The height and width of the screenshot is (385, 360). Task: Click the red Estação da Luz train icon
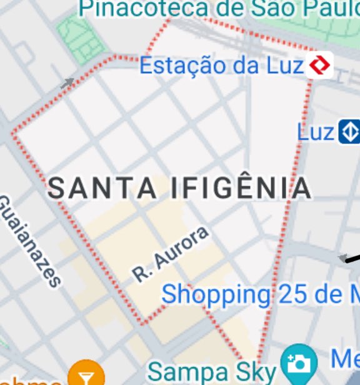320,64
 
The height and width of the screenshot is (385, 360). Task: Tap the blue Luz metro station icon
349,132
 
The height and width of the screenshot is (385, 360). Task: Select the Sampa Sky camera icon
299,363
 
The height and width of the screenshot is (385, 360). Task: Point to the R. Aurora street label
169,255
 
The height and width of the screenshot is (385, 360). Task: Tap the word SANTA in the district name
102,187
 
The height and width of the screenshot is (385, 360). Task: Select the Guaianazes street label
29,241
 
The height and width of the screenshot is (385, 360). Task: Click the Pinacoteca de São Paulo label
219,8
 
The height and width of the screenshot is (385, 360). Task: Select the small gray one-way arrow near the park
67,82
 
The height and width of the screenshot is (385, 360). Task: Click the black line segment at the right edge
353,256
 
